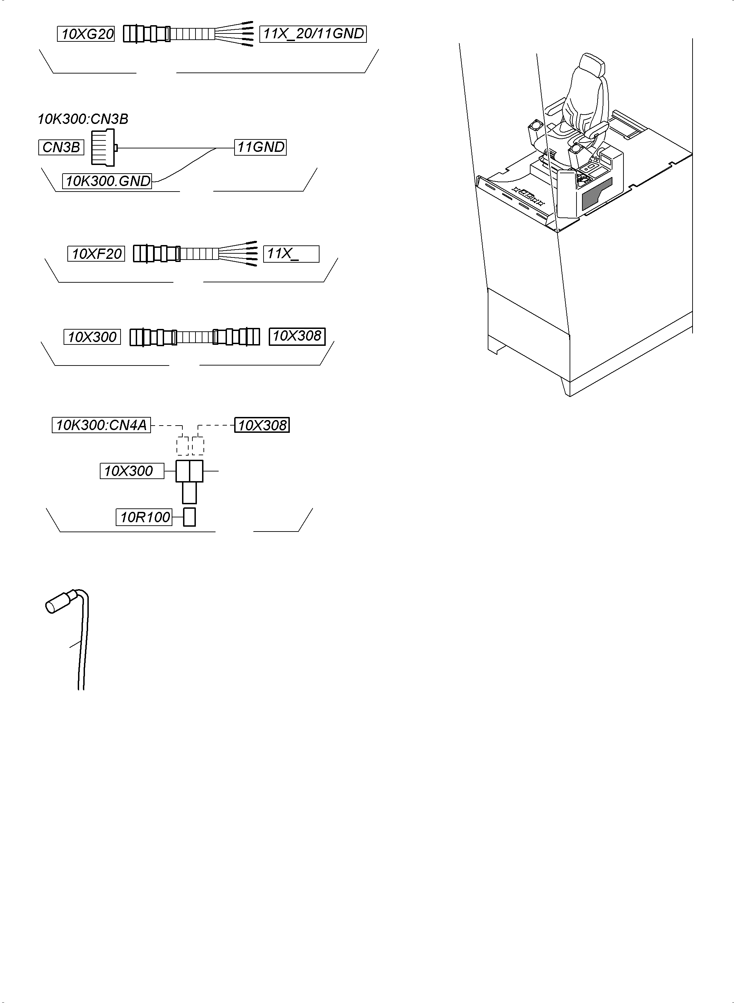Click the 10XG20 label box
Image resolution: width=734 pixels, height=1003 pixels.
[x=86, y=34]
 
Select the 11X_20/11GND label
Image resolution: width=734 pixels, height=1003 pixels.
[x=313, y=34]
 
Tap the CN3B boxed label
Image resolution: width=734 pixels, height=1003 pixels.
[x=61, y=147]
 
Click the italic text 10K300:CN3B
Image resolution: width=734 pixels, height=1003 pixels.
[x=83, y=119]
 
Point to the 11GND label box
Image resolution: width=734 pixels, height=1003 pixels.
[x=260, y=147]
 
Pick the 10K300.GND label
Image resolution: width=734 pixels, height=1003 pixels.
[x=107, y=181]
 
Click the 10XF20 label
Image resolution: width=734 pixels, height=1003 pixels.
[x=96, y=254]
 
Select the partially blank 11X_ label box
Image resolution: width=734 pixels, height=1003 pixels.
[x=291, y=254]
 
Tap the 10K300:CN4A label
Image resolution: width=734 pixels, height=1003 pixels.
[x=101, y=425]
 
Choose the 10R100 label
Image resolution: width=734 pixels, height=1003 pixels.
[x=144, y=517]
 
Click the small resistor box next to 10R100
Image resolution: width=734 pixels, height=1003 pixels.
[x=190, y=517]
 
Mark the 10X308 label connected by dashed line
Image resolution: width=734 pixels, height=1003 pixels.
[x=262, y=425]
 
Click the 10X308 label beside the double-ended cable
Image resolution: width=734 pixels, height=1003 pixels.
[x=297, y=336]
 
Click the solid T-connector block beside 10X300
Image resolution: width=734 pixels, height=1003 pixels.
[x=189, y=471]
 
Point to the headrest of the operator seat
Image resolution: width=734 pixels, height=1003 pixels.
[x=591, y=65]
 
